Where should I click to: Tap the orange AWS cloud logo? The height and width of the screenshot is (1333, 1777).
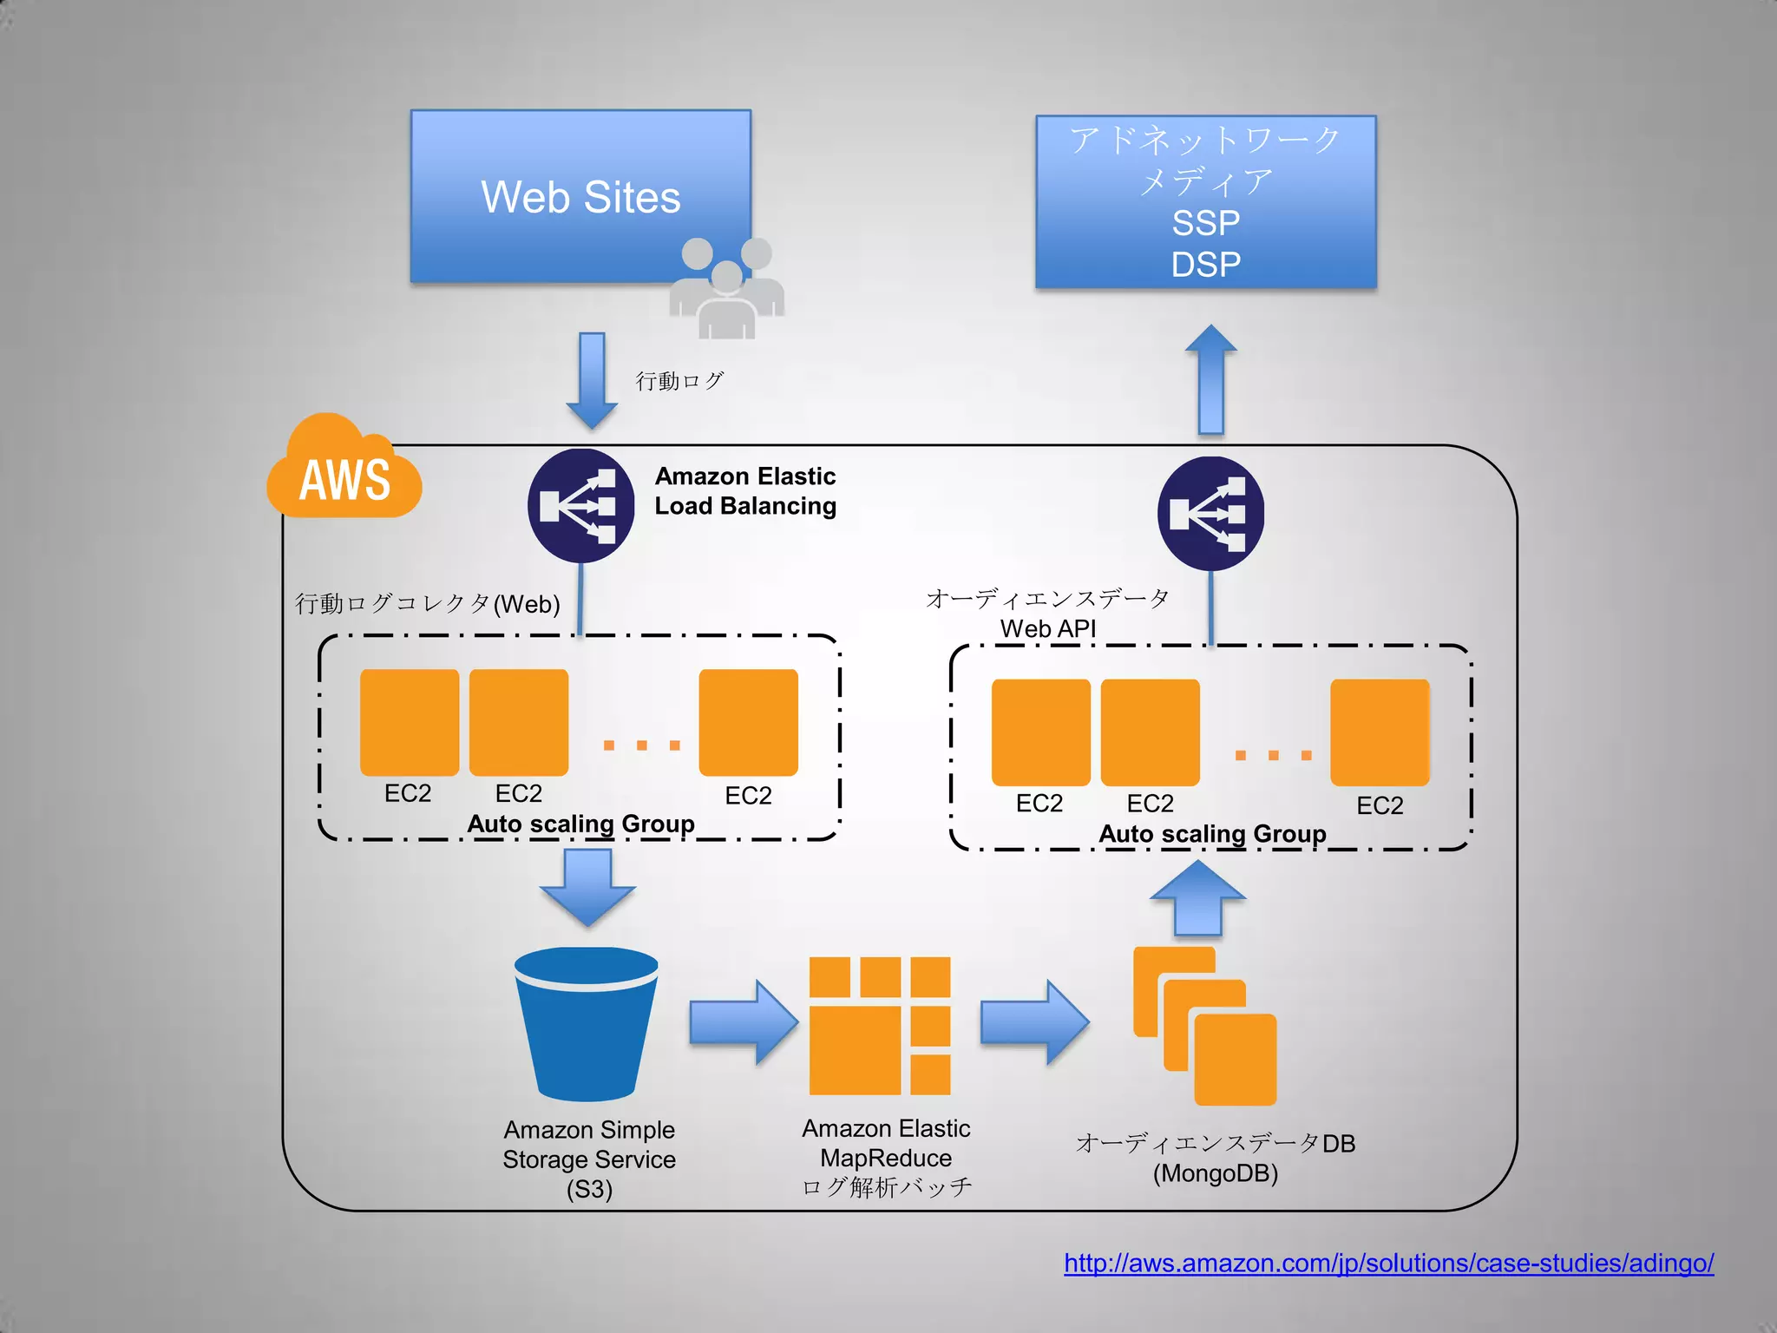point(344,473)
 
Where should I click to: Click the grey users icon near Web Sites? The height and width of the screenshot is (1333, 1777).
point(727,290)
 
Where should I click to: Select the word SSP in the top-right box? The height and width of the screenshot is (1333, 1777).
point(1205,223)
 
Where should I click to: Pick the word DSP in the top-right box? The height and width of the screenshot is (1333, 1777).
point(1205,265)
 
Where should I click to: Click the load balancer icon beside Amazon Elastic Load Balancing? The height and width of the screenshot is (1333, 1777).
point(580,505)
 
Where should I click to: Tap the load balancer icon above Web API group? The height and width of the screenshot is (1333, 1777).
point(1210,513)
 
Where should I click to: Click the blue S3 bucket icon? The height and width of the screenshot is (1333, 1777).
point(587,1024)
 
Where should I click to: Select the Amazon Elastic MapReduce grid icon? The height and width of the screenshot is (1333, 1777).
point(880,1026)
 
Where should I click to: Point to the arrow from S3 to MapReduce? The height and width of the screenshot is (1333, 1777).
point(743,1022)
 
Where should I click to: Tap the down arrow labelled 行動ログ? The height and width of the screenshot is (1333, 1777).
point(592,380)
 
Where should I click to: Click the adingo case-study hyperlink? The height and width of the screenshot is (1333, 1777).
point(1388,1263)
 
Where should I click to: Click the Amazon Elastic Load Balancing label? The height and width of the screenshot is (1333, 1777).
point(745,491)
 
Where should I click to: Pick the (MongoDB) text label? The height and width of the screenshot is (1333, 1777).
point(1215,1173)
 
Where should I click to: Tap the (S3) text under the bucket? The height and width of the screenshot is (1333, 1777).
point(589,1189)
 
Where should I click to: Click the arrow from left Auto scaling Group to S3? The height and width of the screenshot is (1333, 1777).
point(587,886)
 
